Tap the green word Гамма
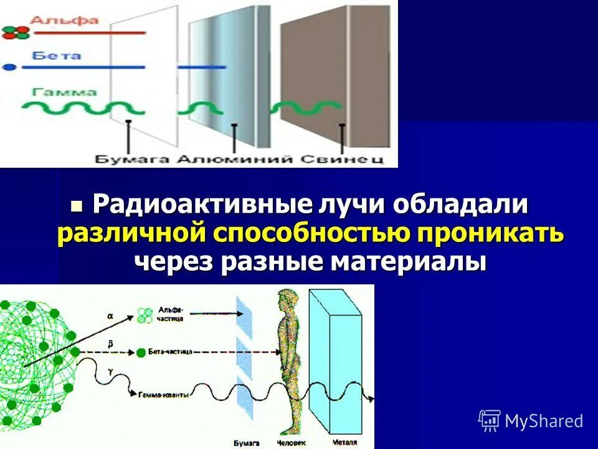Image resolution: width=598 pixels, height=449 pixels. (x=65, y=92)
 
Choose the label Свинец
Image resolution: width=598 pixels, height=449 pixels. (x=343, y=159)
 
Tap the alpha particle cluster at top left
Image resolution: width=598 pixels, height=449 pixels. (x=16, y=32)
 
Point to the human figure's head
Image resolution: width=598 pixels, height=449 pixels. (x=287, y=297)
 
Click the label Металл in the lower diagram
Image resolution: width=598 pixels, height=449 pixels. (x=341, y=442)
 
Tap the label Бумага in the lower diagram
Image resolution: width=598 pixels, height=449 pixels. (x=243, y=442)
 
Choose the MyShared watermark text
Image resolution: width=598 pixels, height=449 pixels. (x=543, y=421)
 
